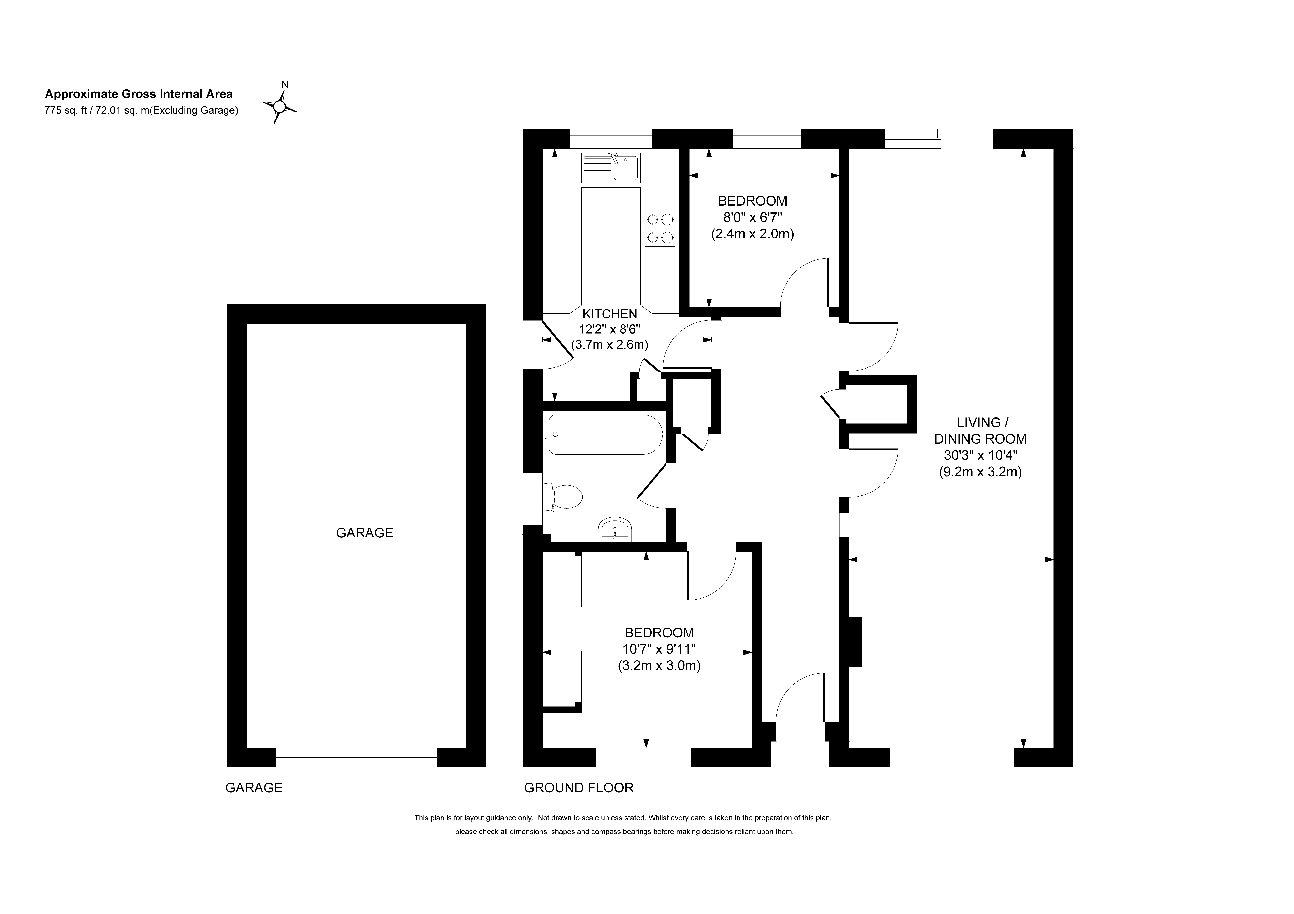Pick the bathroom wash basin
click(x=615, y=529)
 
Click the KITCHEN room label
click(x=610, y=314)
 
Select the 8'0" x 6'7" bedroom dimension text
click(x=752, y=217)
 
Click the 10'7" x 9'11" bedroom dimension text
click(x=659, y=649)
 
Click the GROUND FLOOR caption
click(x=579, y=788)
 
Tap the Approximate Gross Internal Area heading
click(x=139, y=94)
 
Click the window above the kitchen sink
click(x=611, y=139)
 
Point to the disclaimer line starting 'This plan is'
click(x=623, y=818)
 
